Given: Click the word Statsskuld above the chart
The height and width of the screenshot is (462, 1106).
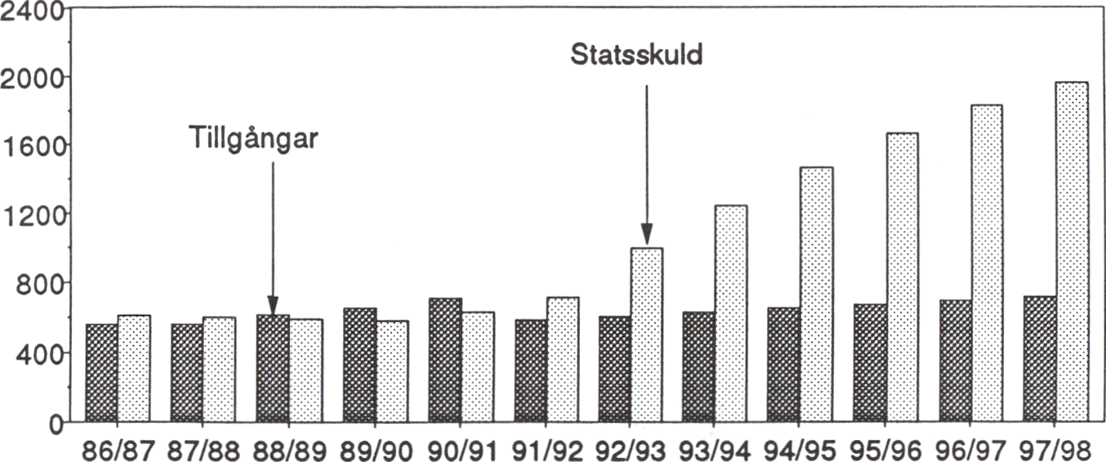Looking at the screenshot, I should point(636,56).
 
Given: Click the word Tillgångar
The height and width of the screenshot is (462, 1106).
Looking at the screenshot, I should point(253,136).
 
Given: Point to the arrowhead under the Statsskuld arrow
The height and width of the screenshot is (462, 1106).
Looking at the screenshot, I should point(646,236).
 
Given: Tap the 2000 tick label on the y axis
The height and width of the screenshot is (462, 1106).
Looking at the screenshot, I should point(33,77).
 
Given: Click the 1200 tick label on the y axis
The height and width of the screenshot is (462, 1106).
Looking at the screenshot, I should point(33,215).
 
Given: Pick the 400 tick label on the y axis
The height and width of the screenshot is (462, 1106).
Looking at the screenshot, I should point(38,353).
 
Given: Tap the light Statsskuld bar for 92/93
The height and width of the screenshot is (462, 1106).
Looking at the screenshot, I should point(646,335).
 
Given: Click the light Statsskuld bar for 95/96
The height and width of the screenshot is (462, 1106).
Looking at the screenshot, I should point(902,277).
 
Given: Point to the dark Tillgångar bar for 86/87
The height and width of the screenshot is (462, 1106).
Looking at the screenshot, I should point(101,372).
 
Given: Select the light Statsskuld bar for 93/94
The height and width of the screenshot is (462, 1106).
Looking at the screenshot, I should point(731,313).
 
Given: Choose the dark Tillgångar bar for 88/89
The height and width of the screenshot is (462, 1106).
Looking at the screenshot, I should point(272,368).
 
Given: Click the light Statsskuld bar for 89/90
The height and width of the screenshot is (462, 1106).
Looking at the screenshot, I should point(391,371).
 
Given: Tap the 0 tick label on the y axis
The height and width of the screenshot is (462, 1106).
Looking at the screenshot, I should point(53,423).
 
